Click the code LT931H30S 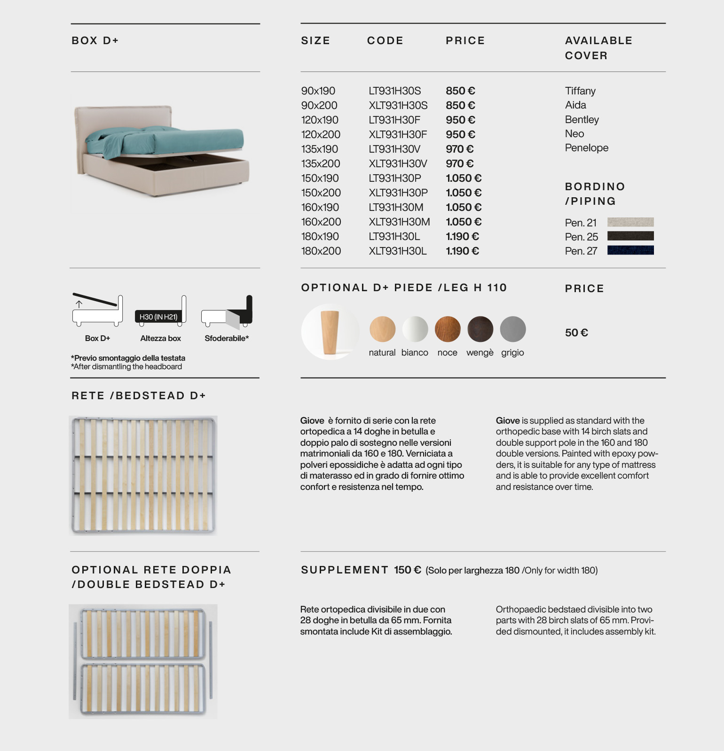394,91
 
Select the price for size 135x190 459,149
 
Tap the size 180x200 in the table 321,251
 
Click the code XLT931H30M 399,222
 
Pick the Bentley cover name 582,119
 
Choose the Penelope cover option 586,147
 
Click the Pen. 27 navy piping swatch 630,250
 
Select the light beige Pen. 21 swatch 630,222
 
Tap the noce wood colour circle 447,329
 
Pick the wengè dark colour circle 480,329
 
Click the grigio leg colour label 512,352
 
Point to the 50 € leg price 576,333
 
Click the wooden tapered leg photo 330,332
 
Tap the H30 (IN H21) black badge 158,317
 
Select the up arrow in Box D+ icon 79,304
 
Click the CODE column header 385,40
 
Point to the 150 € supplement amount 407,570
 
